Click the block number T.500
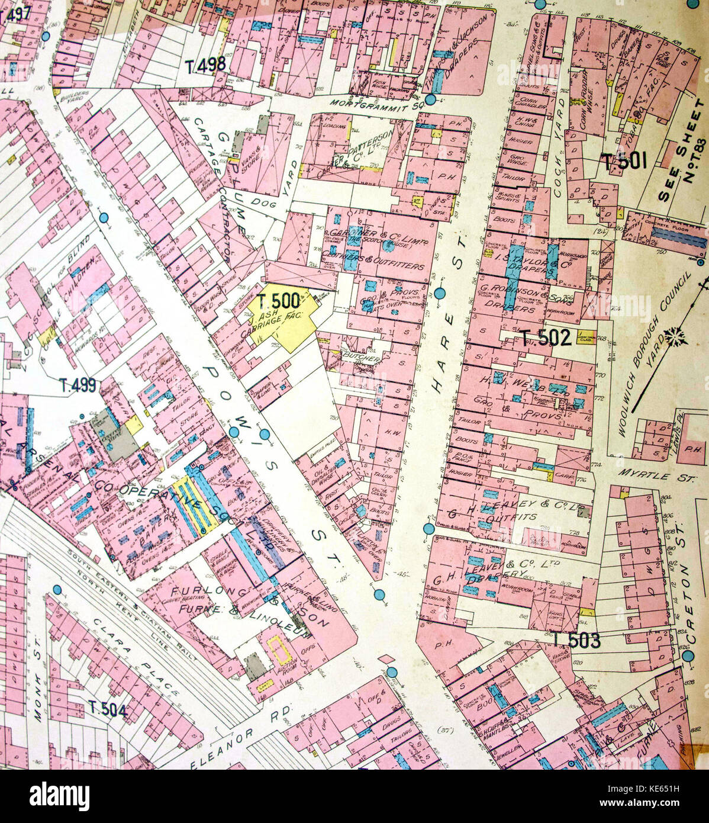278,301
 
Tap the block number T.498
205,65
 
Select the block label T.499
78,385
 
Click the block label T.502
546,337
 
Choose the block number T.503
577,639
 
